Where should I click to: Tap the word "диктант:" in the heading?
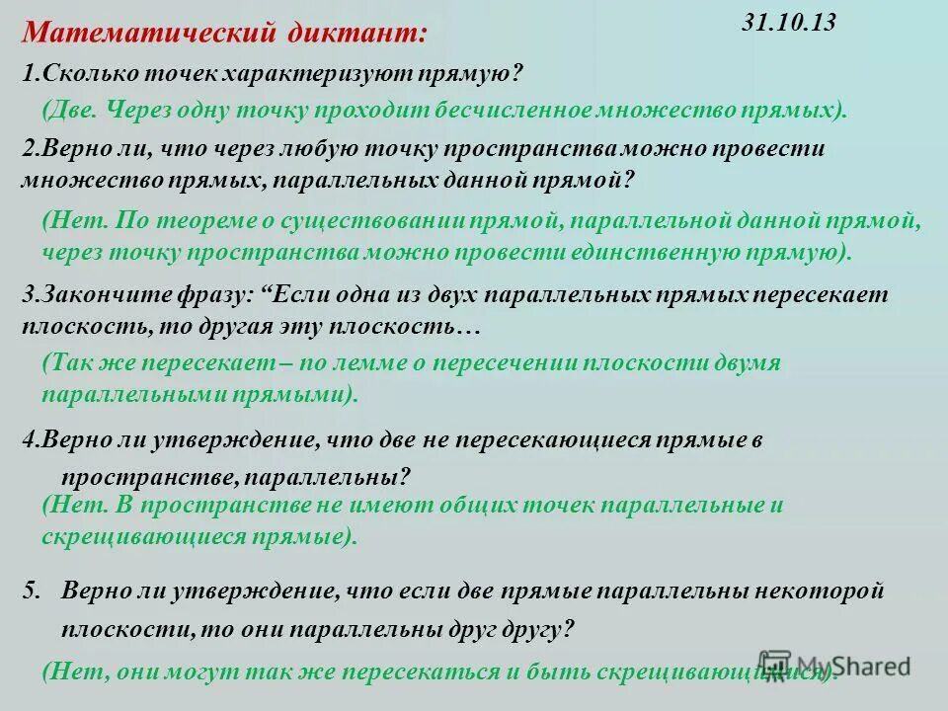tap(356, 34)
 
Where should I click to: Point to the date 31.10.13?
tap(788, 24)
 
